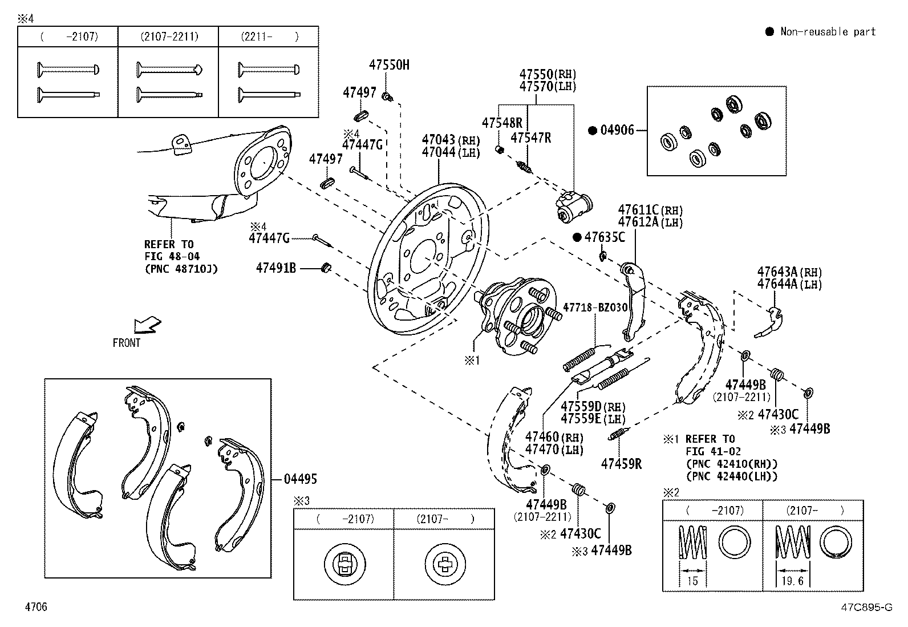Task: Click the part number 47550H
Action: (389, 65)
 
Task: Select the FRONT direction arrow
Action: (148, 325)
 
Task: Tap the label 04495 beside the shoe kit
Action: (301, 479)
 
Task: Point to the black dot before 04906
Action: (593, 130)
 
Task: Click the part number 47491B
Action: (276, 268)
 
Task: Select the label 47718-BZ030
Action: (595, 308)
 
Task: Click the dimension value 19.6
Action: (792, 581)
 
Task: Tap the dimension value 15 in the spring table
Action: (692, 581)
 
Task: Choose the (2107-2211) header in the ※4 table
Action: (169, 37)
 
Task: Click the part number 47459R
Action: (622, 464)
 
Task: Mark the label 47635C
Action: (605, 237)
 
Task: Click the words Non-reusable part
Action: (828, 31)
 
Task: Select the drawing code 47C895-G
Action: (867, 607)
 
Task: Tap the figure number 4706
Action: (36, 606)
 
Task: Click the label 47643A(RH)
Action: (789, 272)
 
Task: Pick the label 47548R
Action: (502, 123)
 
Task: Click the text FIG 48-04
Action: (172, 256)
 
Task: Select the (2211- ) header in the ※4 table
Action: (270, 37)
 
